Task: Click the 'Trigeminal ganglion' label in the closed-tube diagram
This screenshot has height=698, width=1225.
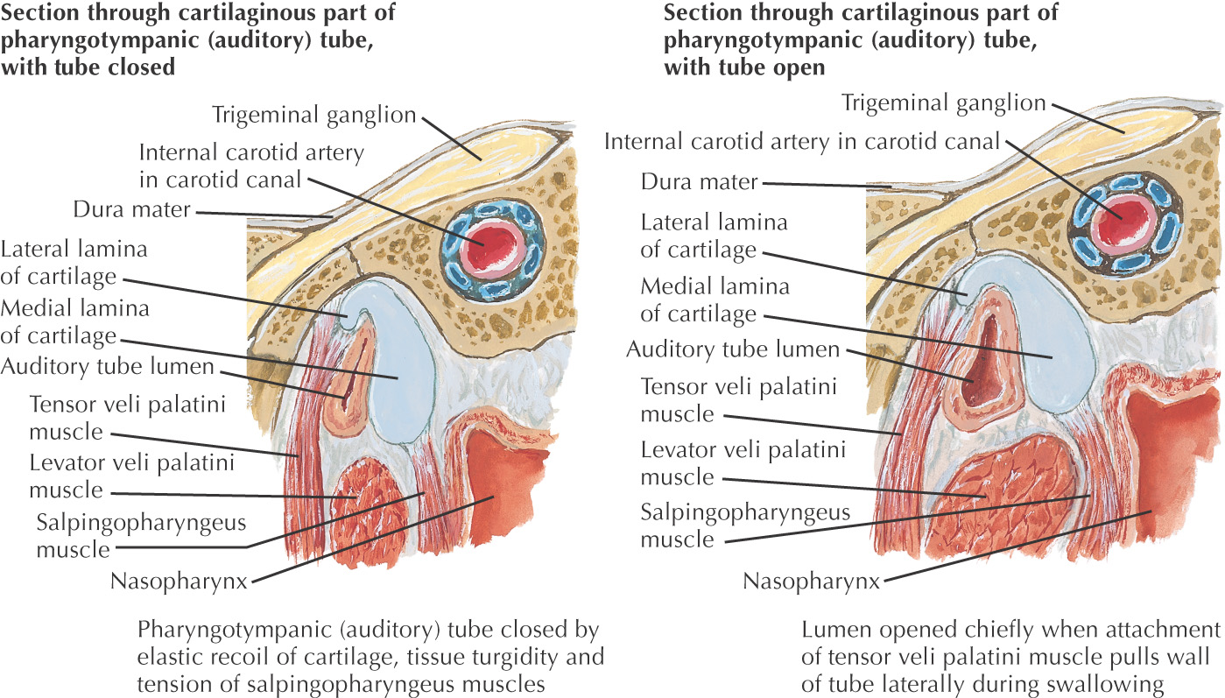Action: pos(313,114)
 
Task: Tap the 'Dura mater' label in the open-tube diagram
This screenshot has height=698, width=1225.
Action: pos(698,182)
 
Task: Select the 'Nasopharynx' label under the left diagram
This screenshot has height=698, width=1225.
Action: pos(180,580)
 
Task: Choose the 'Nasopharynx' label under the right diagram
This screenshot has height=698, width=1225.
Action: pos(811,580)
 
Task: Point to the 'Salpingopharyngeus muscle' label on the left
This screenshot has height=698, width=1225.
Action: pos(141,535)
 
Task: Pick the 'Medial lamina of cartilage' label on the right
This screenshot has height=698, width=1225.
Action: pos(715,300)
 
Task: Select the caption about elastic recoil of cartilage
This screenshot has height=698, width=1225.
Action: pos(368,658)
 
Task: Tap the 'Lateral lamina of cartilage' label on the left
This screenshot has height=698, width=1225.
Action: pos(74,263)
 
